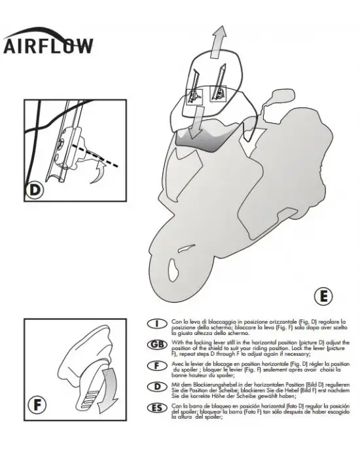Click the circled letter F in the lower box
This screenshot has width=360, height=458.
[x=37, y=405]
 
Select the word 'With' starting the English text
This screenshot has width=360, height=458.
[x=177, y=342]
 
